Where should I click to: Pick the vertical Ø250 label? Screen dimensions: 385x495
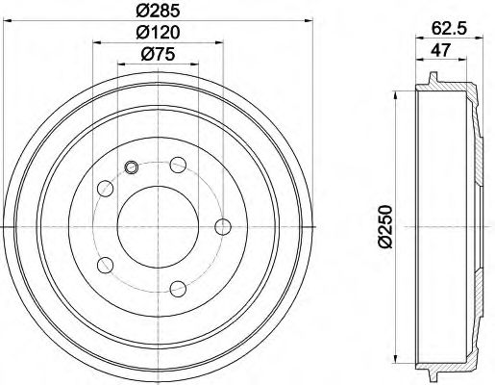click(x=385, y=227)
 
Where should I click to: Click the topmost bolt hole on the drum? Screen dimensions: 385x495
click(x=178, y=167)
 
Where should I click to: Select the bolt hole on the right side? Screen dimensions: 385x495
click(x=223, y=226)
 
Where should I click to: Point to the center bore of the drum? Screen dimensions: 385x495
click(x=157, y=226)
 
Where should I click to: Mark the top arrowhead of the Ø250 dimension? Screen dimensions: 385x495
click(x=396, y=94)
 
